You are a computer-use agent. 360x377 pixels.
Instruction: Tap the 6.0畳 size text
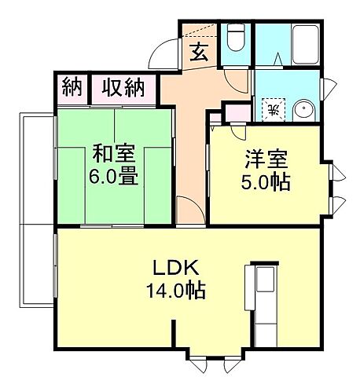click(x=116, y=176)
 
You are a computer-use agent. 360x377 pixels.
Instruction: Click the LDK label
click(x=174, y=267)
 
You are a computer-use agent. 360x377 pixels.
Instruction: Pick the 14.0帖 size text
click(x=174, y=291)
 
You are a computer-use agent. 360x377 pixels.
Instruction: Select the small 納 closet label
click(x=72, y=87)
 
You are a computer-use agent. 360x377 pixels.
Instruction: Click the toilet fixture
click(x=236, y=37)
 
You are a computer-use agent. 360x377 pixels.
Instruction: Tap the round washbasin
click(x=303, y=109)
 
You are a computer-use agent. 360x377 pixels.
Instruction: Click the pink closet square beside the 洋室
click(x=233, y=112)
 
